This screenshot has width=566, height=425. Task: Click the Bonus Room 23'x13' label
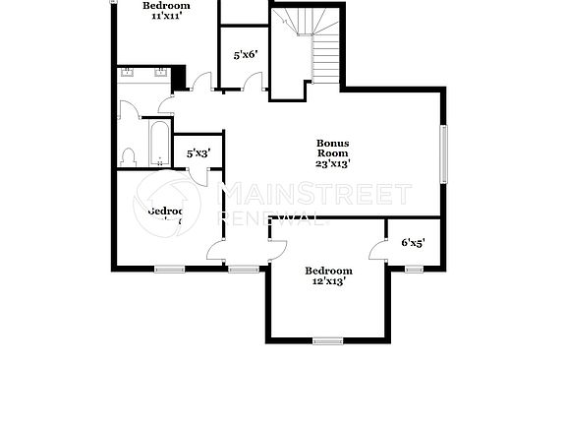(333, 153)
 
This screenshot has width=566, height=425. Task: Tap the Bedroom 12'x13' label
(328, 275)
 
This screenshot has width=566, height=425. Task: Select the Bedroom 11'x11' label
(166, 11)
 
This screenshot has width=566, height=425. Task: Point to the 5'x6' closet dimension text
(246, 55)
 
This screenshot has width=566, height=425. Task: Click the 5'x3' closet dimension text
(198, 152)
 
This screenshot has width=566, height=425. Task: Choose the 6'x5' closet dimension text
(413, 242)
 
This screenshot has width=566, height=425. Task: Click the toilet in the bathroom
(128, 156)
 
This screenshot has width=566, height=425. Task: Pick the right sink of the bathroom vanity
(161, 73)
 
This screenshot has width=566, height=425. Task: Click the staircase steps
(325, 59)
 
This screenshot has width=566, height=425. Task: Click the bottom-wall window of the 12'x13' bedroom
(327, 340)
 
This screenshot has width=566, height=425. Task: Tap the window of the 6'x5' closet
(414, 267)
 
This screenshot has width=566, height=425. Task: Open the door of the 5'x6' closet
(256, 83)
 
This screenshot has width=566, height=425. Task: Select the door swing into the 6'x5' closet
(376, 251)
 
